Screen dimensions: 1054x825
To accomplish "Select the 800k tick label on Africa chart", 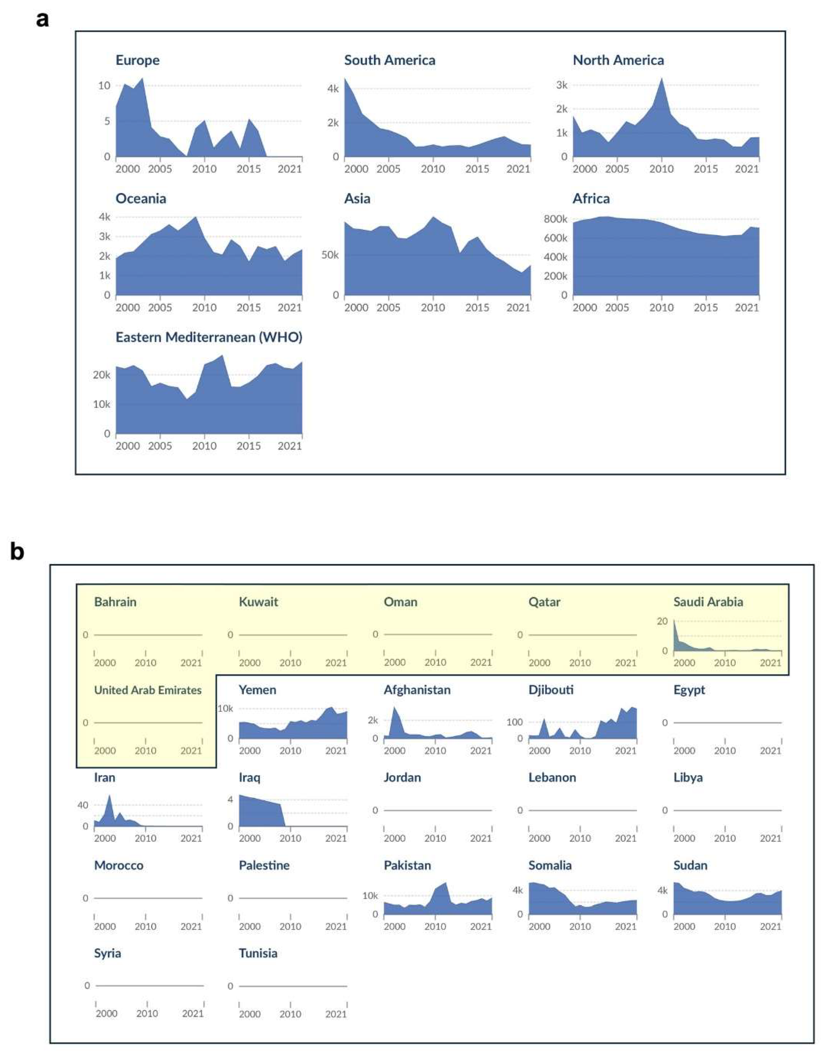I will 555,219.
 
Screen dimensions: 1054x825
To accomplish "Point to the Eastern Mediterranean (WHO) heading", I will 209,337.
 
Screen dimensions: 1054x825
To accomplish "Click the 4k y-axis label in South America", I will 333,89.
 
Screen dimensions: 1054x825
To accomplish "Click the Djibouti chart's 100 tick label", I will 514,722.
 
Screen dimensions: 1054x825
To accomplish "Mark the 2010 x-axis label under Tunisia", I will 290,1014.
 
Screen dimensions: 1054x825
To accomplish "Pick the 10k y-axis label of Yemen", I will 225,709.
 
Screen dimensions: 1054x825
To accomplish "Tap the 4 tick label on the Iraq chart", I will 231,800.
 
